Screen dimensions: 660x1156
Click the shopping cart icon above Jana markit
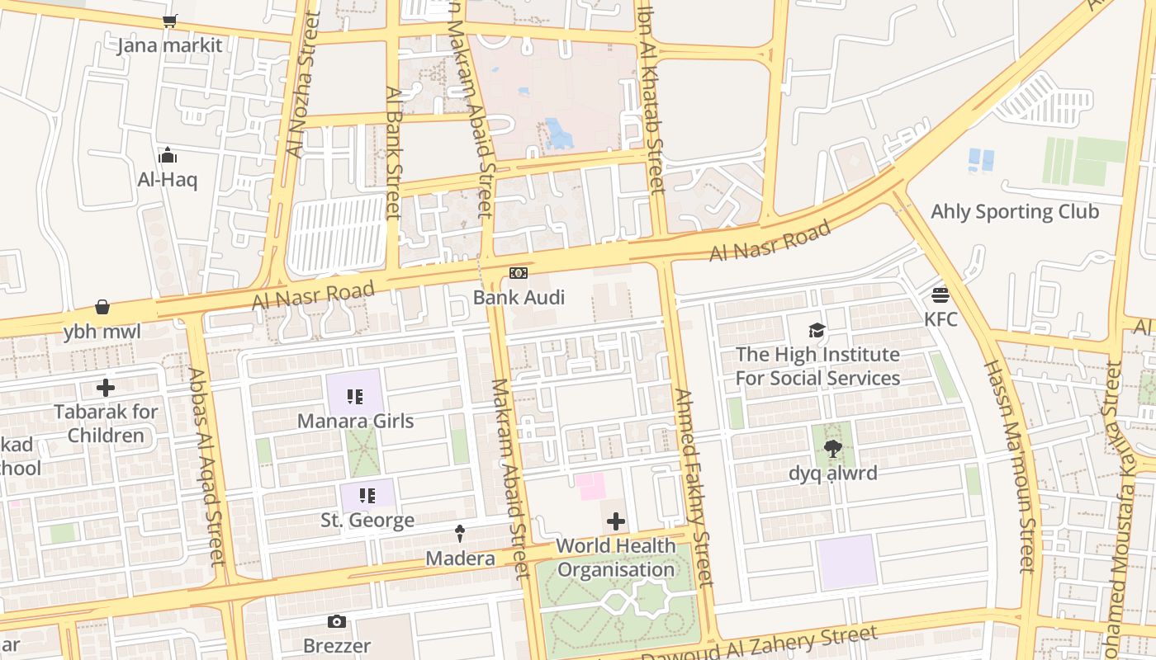coord(169,21)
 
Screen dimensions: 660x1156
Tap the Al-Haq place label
coord(168,179)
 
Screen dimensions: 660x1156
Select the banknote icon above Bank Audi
coord(519,273)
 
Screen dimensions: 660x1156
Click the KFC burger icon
coord(940,295)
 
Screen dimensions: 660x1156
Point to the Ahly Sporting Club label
coord(1015,211)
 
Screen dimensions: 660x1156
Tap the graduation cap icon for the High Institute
coord(817,331)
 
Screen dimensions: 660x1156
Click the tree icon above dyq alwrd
coord(832,449)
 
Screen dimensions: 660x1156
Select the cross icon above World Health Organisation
coord(616,521)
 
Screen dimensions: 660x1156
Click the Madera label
coord(460,559)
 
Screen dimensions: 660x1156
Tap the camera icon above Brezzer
coord(336,621)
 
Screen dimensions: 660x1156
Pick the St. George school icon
coord(367,496)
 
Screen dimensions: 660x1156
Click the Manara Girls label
coord(355,421)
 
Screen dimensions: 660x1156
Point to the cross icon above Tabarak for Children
coord(106,387)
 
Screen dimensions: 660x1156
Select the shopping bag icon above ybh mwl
coord(102,308)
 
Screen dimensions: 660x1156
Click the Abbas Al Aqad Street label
coord(206,466)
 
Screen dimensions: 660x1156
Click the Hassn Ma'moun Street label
coord(1009,466)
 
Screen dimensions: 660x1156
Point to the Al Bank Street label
coord(393,153)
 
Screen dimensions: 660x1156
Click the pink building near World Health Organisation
coord(591,486)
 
